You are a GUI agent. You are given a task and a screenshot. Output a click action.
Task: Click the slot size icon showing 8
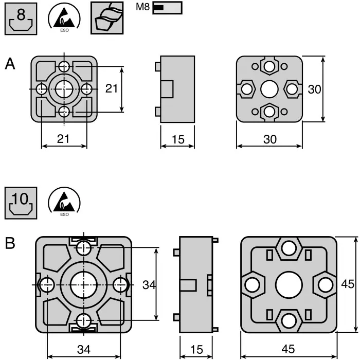pos(21,19)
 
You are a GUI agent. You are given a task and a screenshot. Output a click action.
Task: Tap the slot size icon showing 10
pos(21,203)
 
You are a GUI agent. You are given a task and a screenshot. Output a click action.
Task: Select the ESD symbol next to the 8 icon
pos(64,19)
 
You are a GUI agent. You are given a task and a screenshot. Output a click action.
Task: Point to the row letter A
pos(10,64)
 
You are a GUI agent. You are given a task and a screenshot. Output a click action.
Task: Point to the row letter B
pos(10,243)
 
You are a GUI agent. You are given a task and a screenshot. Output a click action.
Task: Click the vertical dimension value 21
pos(112,88)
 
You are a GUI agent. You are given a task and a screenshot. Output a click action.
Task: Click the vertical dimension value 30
pos(314,89)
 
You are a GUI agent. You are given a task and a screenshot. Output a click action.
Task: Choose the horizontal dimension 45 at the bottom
pos(288,349)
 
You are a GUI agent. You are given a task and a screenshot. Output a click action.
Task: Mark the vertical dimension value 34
pos(149,284)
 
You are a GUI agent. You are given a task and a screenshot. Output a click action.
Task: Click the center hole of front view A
pos(64,89)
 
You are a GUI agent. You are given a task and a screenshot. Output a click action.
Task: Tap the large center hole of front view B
pos(82,284)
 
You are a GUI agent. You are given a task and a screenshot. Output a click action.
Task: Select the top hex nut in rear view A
pos(269,66)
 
